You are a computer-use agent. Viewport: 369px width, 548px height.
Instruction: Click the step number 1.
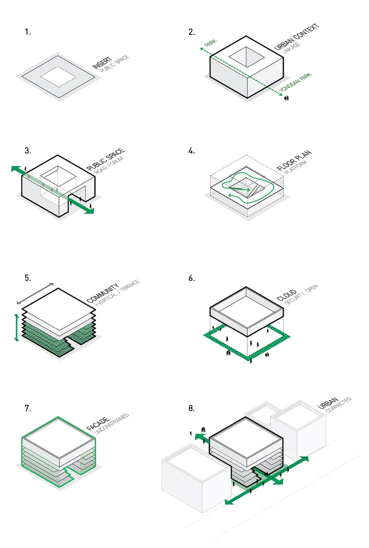(x=28, y=32)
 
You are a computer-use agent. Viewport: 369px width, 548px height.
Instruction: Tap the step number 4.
(x=192, y=151)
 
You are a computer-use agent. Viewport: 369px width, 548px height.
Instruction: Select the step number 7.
(x=28, y=408)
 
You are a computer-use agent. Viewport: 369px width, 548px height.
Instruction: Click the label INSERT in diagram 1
(x=102, y=63)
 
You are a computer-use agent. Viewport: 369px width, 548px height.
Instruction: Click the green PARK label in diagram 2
(x=211, y=43)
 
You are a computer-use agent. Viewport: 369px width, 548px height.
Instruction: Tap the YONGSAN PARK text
(x=296, y=83)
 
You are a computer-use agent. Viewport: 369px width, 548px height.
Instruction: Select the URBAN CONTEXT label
(x=296, y=36)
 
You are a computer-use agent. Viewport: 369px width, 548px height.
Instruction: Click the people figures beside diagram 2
(x=286, y=98)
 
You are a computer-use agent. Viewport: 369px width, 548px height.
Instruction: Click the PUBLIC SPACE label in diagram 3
(x=106, y=159)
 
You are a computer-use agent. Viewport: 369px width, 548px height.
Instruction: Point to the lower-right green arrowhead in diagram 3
(x=90, y=210)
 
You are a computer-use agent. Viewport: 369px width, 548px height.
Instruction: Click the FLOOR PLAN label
(x=294, y=160)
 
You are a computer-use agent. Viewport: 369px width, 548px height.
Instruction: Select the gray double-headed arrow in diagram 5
(x=35, y=293)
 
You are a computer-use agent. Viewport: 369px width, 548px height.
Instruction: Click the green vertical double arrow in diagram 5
(x=16, y=327)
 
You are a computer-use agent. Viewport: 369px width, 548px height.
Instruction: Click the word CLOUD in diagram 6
(x=287, y=295)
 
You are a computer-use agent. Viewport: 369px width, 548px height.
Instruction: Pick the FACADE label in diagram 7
(x=98, y=424)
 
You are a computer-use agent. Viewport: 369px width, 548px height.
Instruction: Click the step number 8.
(x=192, y=408)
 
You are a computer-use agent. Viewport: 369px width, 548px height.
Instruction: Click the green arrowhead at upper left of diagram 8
(x=199, y=437)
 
